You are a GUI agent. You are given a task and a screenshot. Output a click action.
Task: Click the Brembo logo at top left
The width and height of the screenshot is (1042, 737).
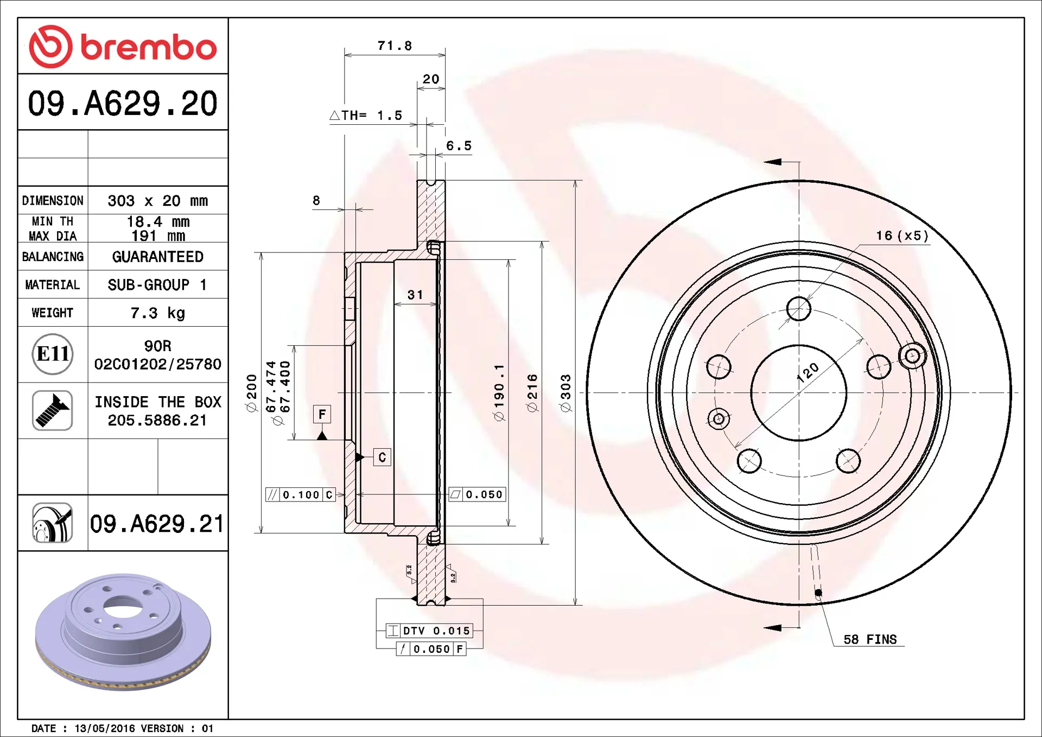tap(123, 47)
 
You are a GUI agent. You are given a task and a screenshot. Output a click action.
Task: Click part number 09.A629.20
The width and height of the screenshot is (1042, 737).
tap(123, 103)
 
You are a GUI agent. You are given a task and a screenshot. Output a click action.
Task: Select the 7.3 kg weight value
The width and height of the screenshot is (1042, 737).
tap(157, 313)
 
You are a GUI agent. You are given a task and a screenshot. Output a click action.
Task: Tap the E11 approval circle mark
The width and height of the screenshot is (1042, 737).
tap(53, 354)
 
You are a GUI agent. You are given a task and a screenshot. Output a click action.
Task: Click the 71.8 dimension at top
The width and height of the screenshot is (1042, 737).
tap(395, 46)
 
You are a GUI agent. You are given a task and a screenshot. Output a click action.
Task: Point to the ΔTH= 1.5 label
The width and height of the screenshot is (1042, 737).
tap(366, 116)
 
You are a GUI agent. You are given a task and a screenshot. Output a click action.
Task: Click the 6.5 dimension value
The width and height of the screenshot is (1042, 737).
tap(459, 146)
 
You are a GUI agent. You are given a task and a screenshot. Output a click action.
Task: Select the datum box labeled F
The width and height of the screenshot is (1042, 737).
tap(322, 415)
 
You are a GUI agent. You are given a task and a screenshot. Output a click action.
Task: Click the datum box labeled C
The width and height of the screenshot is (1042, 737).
tap(382, 458)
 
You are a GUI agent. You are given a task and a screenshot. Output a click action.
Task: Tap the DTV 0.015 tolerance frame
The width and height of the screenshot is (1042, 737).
tap(429, 631)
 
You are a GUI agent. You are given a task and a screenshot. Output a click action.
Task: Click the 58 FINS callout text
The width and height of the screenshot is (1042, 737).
tap(870, 639)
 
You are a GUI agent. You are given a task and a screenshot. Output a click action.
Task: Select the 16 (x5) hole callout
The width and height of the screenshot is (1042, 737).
tap(901, 236)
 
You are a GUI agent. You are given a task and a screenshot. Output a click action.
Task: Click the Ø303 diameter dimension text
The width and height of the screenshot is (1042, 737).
tap(566, 393)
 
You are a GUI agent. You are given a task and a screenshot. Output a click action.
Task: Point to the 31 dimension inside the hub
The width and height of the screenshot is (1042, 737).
tap(415, 295)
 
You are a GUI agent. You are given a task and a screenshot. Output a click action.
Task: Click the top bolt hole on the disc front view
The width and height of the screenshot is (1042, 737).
tap(798, 309)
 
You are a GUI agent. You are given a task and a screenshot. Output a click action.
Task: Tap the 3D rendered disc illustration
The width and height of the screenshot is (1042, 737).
tap(123, 632)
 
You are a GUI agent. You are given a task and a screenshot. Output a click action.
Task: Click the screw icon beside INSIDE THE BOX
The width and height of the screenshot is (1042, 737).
tap(53, 411)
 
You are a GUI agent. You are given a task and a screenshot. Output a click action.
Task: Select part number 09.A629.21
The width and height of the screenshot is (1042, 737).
tap(157, 524)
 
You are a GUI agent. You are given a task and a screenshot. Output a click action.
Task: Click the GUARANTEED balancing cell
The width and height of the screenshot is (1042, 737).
tap(157, 257)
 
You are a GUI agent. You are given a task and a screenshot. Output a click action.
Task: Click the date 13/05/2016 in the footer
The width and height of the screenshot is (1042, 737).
tap(104, 728)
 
